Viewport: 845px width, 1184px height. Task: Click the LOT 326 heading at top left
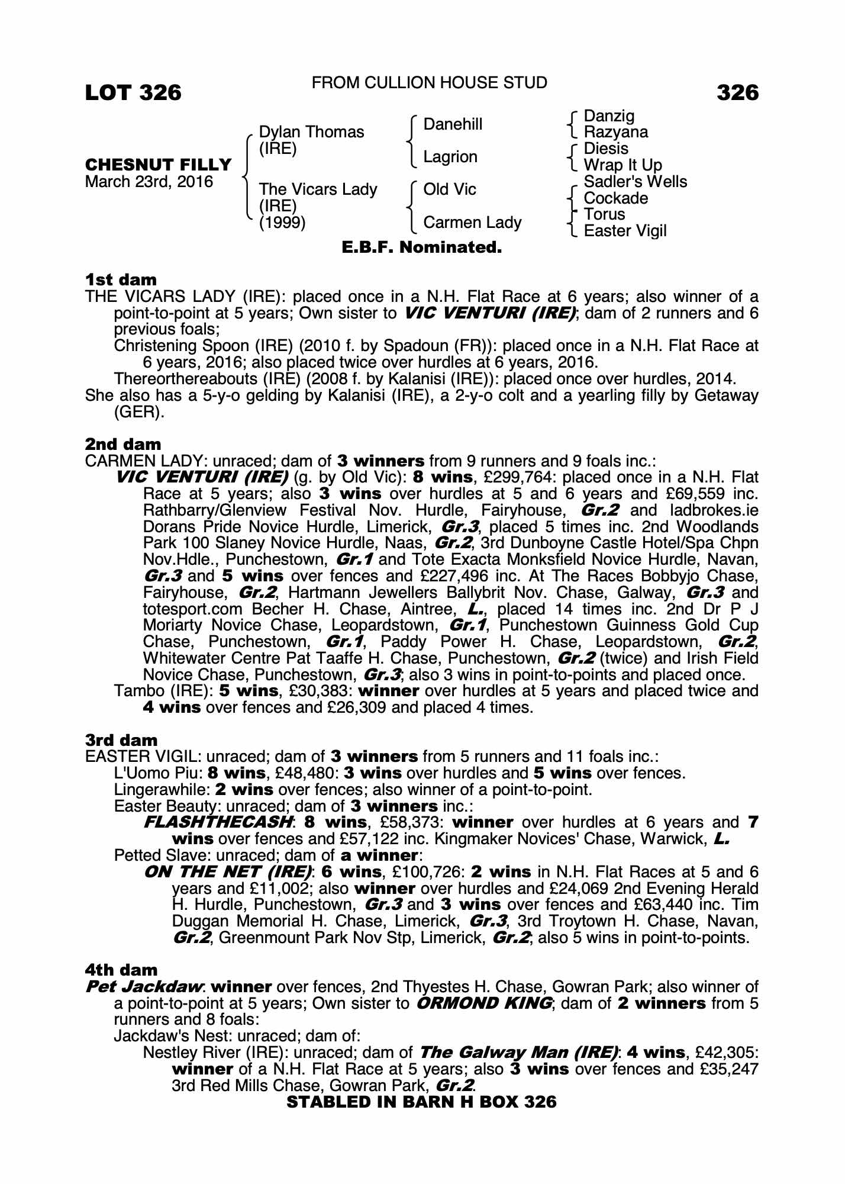133,92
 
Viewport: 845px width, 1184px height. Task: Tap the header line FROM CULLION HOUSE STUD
429,83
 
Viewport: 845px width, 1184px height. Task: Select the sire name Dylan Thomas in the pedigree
311,131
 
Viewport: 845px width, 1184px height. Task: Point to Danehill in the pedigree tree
453,124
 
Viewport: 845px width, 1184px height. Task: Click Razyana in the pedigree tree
615,132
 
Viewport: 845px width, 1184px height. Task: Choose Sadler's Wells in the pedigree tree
635,182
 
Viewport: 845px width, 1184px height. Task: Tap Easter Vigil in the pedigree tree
625,231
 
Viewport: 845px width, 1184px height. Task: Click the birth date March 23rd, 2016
149,182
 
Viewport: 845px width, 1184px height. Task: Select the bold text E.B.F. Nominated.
422,247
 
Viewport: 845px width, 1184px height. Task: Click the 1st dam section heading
121,279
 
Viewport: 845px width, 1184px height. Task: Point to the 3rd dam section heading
121,740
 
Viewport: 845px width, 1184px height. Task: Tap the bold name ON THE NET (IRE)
228,872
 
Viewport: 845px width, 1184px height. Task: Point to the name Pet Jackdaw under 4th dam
144,987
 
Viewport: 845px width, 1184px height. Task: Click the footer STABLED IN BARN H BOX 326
421,1102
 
